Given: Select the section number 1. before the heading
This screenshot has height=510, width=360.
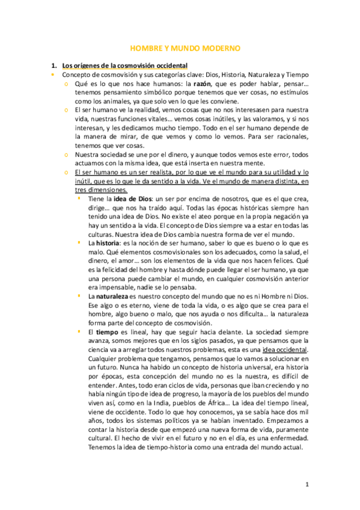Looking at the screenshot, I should click(53, 65).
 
